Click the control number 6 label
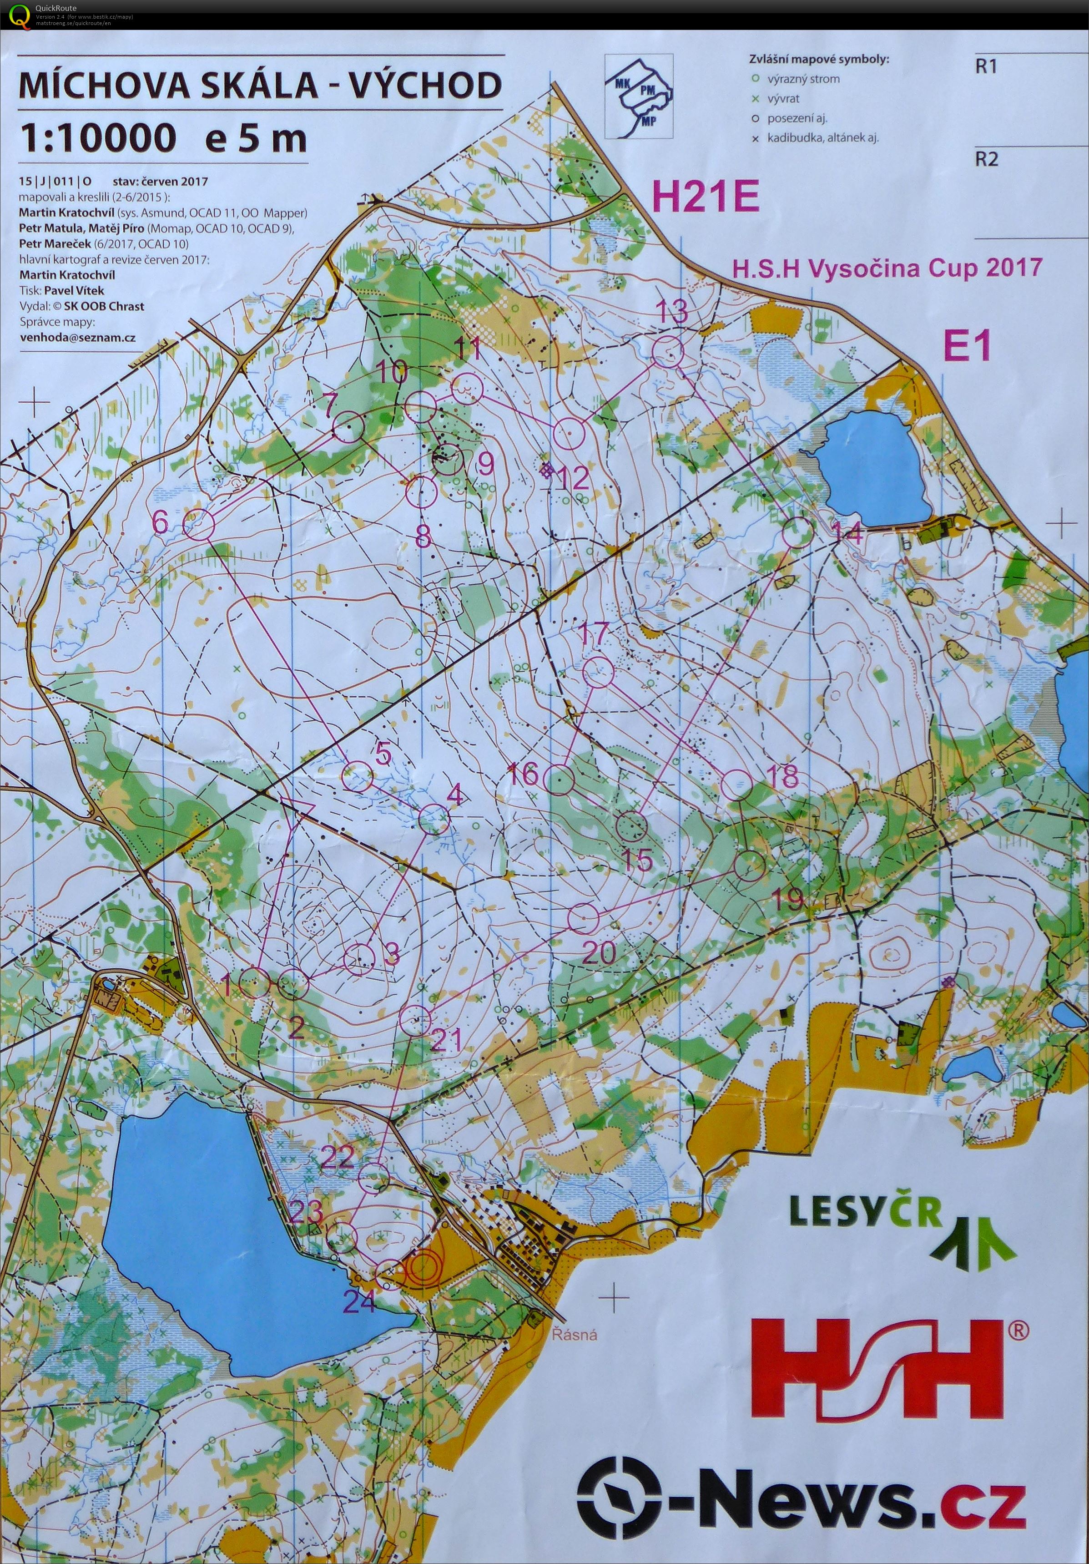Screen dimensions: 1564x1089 [x=161, y=522]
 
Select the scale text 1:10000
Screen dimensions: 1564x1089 [x=97, y=138]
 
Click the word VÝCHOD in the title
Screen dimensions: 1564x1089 [x=414, y=86]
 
